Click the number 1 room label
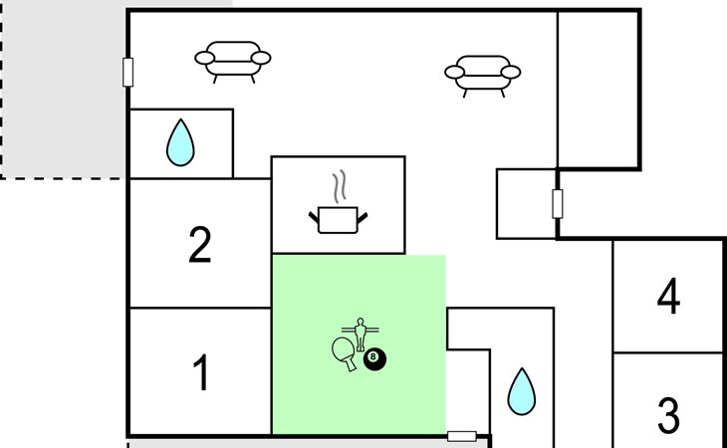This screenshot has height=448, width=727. (x=200, y=374)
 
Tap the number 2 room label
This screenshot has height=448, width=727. (x=200, y=246)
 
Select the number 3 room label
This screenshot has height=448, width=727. (x=668, y=415)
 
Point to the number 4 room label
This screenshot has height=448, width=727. (x=668, y=297)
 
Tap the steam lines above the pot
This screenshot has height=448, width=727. (x=340, y=186)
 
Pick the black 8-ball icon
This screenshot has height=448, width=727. (x=374, y=358)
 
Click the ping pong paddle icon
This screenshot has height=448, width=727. (x=345, y=351)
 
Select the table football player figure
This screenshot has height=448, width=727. (x=360, y=331)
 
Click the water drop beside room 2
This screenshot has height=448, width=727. (x=180, y=142)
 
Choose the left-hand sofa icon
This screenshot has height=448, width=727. (x=233, y=61)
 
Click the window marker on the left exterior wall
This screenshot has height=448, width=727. (x=127, y=73)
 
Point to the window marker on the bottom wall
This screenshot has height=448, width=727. (x=461, y=436)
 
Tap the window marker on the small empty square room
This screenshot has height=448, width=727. (x=558, y=203)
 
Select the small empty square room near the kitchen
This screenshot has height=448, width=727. (x=525, y=203)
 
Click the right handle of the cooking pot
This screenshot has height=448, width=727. (x=365, y=214)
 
